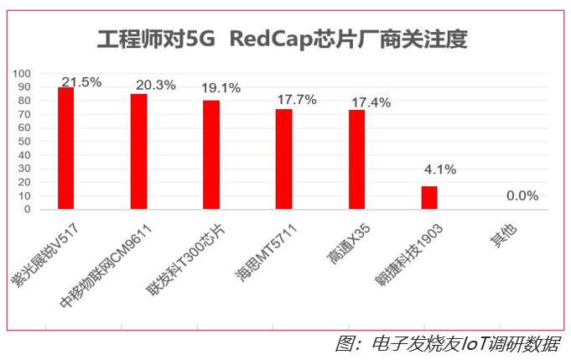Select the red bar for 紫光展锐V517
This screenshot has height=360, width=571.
point(65,148)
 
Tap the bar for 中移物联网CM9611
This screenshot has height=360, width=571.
point(138,151)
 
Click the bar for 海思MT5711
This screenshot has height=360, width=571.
point(283,159)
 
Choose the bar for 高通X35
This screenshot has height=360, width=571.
point(356,159)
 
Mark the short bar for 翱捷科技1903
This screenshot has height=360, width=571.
point(429,197)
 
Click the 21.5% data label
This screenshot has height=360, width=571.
point(80,82)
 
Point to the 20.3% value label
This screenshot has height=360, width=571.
point(153,85)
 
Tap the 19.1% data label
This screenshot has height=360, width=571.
point(222,87)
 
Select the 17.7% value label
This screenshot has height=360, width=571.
point(296,100)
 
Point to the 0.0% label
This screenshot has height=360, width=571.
point(522,196)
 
